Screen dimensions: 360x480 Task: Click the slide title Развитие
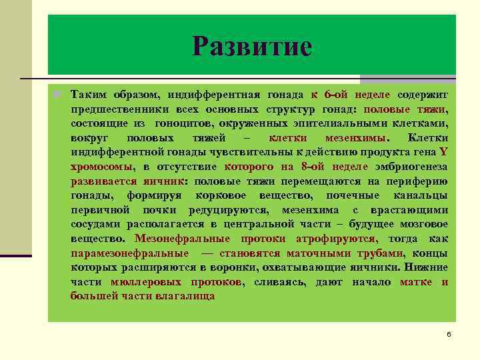pos(252,47)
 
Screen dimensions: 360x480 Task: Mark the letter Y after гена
pos(443,152)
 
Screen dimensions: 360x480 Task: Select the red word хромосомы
pos(101,167)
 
